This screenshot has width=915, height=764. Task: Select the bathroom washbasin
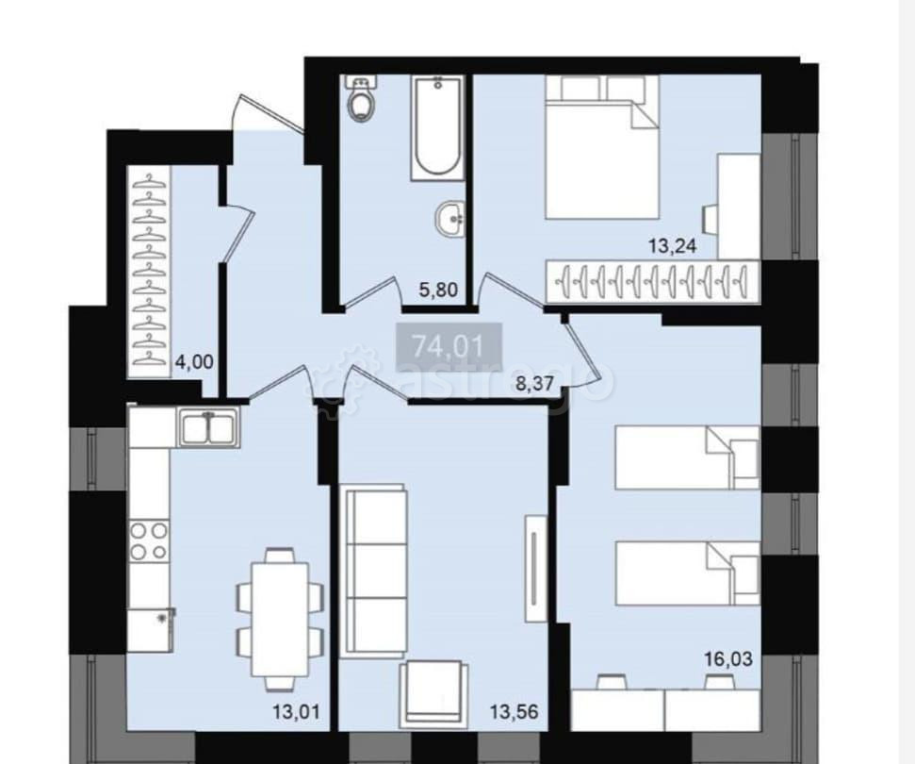coord(449,220)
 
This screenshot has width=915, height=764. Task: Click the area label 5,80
coord(438,290)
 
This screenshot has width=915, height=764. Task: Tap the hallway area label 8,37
coord(537,384)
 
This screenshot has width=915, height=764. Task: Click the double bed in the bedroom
coord(601,147)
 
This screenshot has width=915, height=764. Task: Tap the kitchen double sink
coord(208,427)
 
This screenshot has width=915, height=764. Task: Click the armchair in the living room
coord(433,691)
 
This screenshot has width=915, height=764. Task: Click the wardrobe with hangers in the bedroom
coord(653,280)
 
